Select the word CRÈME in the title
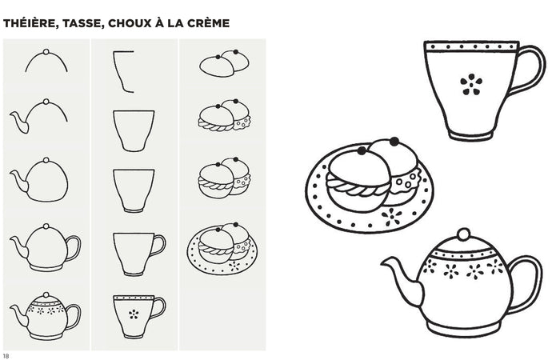click(206, 23)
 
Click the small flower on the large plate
click(393, 215)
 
